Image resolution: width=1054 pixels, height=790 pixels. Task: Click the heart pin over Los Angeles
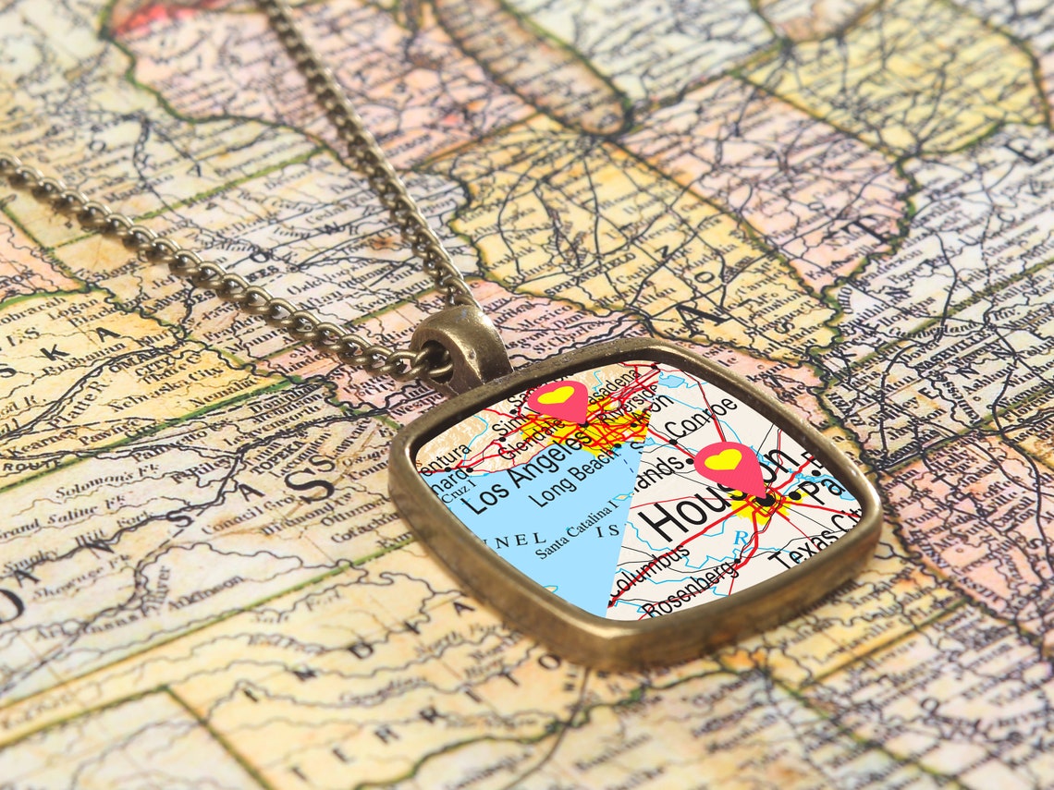coord(558,398)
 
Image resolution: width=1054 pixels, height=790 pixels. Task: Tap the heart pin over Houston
coord(729,463)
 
